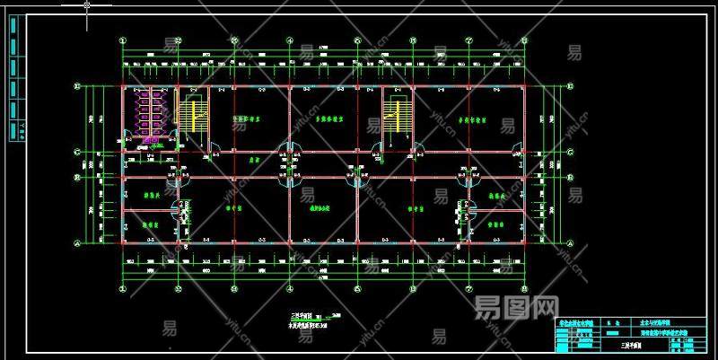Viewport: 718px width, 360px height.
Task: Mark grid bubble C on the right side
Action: (x=572, y=153)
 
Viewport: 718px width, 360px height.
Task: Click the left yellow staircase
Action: (x=190, y=115)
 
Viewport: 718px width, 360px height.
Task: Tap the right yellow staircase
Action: (x=392, y=115)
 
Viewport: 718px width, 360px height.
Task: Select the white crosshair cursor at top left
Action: (x=86, y=5)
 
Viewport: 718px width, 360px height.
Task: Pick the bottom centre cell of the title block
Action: (x=628, y=345)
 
